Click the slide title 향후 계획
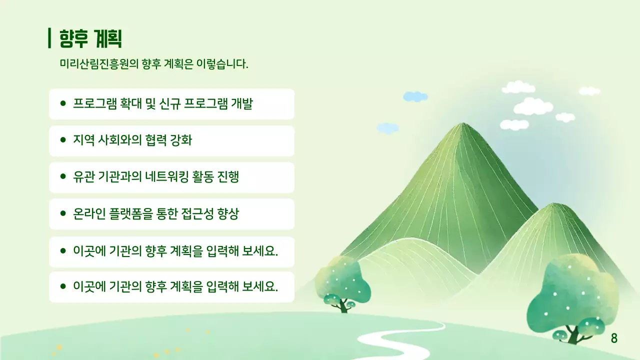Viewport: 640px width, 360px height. coord(91,38)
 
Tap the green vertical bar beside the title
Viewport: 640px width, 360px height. coord(49,38)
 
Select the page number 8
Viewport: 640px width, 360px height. coord(614,338)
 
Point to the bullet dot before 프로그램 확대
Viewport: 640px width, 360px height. coord(63,104)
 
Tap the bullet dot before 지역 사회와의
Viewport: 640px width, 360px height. coord(63,140)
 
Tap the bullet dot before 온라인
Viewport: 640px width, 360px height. coord(63,214)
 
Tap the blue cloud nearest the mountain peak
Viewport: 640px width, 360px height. coord(387,128)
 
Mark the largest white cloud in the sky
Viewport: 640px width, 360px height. coord(533,106)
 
